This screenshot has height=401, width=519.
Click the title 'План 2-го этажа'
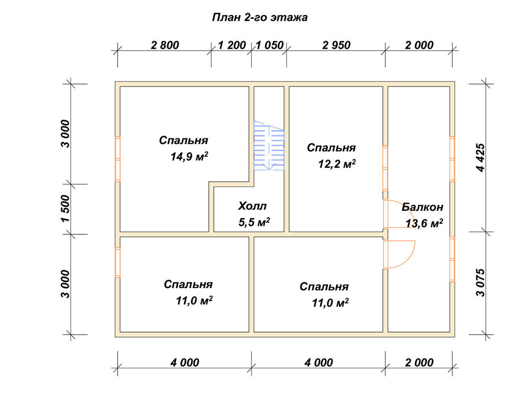pos(260,17)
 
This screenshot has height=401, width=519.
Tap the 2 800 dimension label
pos(165,45)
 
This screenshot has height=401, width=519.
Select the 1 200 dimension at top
pos(232,45)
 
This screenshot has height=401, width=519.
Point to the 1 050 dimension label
pos(270,45)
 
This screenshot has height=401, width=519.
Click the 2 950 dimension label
pos(336,45)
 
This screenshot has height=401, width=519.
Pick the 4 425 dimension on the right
pos(480,157)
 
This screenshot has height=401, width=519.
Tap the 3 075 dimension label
pos(480,282)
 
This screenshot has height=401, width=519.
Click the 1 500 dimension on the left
pos(66,209)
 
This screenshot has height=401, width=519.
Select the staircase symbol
pos(269,146)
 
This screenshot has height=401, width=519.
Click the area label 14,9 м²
pos(189,156)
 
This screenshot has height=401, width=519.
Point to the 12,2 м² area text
pos(337,164)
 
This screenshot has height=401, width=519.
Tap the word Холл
pos(252,206)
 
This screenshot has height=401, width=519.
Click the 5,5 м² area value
pos(254,222)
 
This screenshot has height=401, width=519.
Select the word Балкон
pos(422,207)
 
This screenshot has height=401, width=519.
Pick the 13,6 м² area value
pos(425,223)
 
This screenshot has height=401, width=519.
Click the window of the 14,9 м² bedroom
pos(117,159)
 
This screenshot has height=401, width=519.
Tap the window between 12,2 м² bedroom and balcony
pos(385,168)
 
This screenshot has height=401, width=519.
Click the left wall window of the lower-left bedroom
pos(117,263)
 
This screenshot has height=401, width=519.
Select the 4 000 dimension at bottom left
pos(185,363)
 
